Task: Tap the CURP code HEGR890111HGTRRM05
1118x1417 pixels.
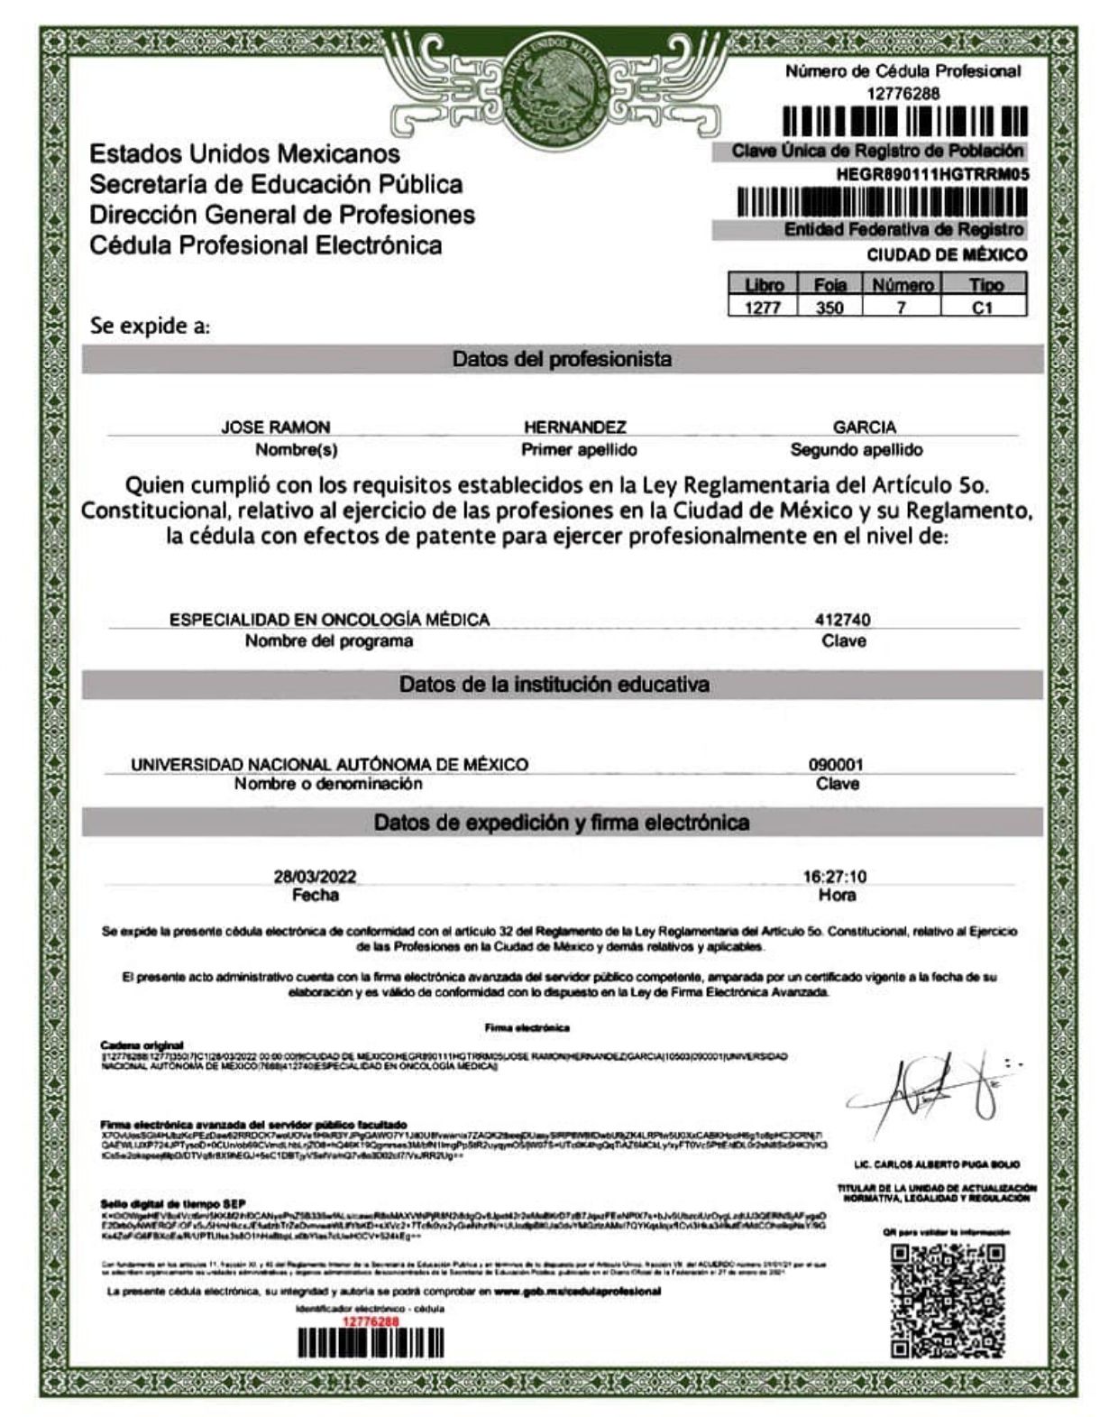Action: point(932,175)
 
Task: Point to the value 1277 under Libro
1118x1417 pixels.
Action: point(764,308)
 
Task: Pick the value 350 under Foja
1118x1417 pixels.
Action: point(829,308)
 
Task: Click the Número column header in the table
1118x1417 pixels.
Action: point(902,285)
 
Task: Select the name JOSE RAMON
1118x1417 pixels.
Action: point(276,428)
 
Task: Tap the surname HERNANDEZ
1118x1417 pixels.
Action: point(574,428)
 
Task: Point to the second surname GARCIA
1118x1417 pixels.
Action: point(864,428)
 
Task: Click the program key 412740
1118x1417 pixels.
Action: point(842,620)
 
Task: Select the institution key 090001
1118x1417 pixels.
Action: point(836,765)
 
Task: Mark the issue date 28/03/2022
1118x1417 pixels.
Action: point(315,877)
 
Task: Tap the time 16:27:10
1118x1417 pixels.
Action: point(834,877)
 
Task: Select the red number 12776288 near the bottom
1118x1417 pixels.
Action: point(371,1321)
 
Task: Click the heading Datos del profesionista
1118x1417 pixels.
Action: point(562,360)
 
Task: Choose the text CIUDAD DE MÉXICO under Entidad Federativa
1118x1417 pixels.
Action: point(947,255)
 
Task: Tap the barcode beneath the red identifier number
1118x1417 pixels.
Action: point(371,1344)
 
